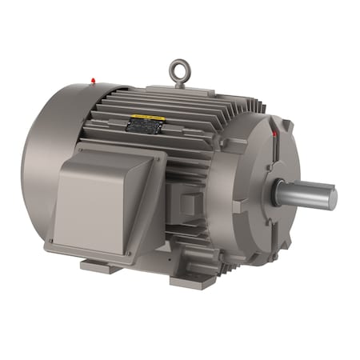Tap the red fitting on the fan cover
pyautogui.click(x=94, y=80)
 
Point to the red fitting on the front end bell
pyautogui.click(x=275, y=135)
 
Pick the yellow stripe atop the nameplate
pyautogui.click(x=149, y=118)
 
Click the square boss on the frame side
pyautogui.click(x=189, y=203)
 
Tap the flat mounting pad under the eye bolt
pyautogui.click(x=181, y=90)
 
